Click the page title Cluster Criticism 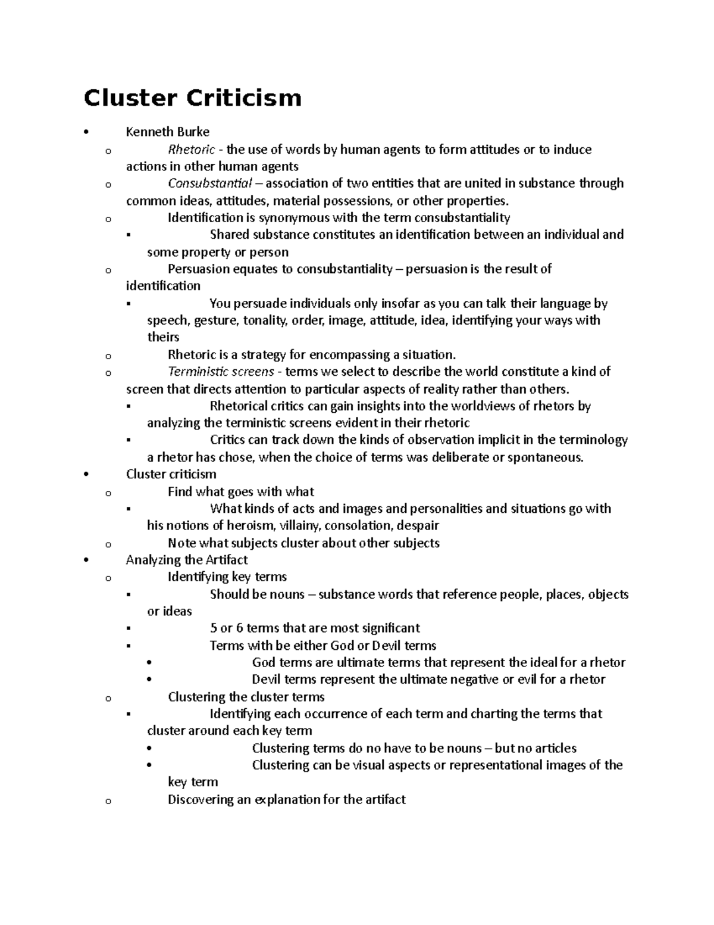click(192, 98)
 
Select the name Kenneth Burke click(167, 132)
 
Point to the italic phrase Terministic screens click(221, 372)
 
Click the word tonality click(265, 320)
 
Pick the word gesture click(216, 320)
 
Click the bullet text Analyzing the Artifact click(186, 560)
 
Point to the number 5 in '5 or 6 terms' click(214, 628)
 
